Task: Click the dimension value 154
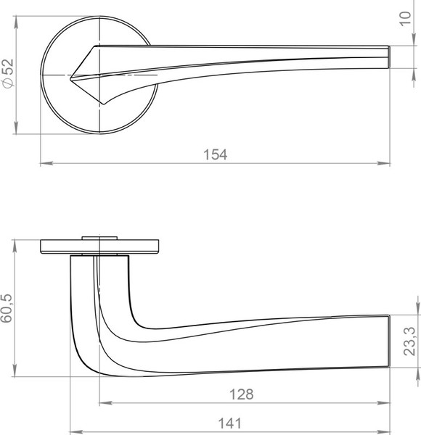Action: [x=215, y=154]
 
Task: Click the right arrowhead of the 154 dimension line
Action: [x=386, y=164]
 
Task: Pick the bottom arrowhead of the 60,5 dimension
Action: [x=16, y=373]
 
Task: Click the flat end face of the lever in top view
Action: [x=389, y=56]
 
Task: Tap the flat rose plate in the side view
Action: [x=99, y=246]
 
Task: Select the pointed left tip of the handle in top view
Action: [x=72, y=75]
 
